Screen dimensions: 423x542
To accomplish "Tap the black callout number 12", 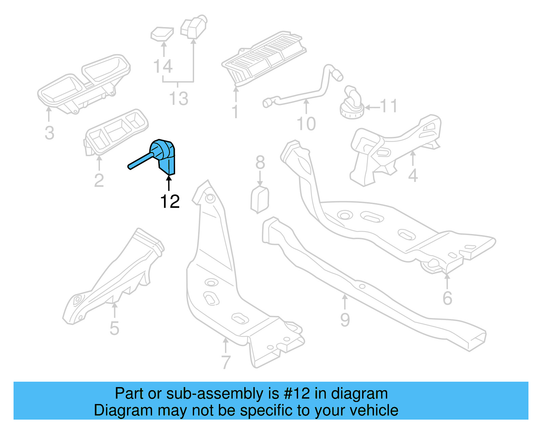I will [170, 202].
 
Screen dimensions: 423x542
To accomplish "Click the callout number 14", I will [163, 66].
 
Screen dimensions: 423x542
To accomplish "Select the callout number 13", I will [179, 99].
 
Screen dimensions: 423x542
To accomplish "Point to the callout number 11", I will [389, 106].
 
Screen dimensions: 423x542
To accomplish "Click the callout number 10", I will [306, 124].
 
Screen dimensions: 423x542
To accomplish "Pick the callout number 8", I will [260, 163].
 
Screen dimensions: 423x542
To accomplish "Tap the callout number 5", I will [114, 329].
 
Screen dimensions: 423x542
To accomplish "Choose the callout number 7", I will [226, 362].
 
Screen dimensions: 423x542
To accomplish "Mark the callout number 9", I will [345, 320].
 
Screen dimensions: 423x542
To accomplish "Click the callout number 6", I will [447, 298].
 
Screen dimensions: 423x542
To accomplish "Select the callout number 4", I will [413, 175].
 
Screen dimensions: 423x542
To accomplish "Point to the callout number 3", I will [49, 133].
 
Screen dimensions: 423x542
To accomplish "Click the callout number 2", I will [99, 181].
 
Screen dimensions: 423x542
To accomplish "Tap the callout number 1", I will [235, 112].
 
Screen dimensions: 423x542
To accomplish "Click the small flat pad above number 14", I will [162, 34].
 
